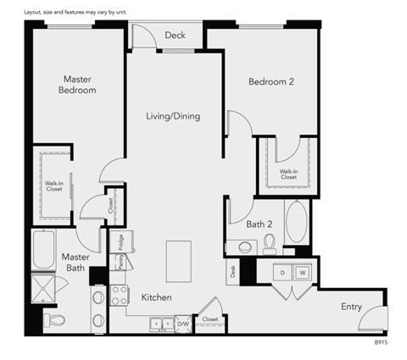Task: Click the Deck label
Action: point(175,36)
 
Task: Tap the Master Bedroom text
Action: point(77,85)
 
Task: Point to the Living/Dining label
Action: point(172,116)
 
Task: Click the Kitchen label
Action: point(157,297)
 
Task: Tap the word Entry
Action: point(351,306)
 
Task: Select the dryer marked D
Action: point(282,273)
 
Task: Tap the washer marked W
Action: point(302,273)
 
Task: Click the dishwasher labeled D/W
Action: point(183,324)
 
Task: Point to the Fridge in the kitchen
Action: point(121,241)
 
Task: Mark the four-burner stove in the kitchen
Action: point(120,296)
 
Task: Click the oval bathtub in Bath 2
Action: point(297,222)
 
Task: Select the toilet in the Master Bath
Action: point(54,320)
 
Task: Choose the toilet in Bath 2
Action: point(270,245)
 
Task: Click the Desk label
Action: point(232,272)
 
